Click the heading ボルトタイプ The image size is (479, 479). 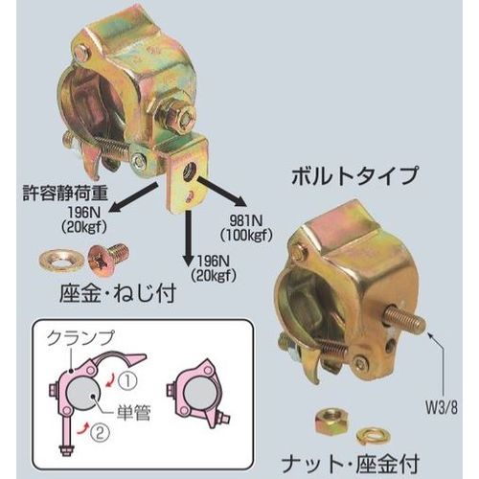coord(354,176)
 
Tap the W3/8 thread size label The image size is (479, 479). coord(441,409)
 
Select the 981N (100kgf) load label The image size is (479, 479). coord(246,228)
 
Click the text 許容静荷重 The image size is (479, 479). coord(65,194)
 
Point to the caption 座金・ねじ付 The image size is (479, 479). coord(118,294)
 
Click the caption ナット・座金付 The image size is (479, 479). coord(350,465)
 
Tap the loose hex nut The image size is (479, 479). coord(331,421)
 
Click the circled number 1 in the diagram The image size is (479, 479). coord(127,380)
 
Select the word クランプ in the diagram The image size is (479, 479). coord(80,338)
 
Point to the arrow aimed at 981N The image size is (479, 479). coord(221,194)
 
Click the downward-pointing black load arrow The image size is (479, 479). coord(190,237)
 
